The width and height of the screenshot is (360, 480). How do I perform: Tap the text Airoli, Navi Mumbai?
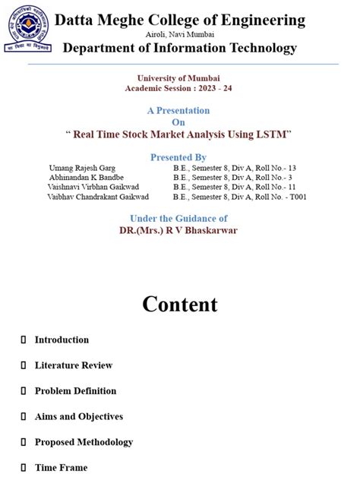(x=179, y=35)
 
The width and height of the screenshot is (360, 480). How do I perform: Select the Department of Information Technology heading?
(x=179, y=49)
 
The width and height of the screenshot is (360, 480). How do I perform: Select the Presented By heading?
(x=178, y=157)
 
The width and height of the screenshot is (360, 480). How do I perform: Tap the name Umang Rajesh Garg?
(x=83, y=167)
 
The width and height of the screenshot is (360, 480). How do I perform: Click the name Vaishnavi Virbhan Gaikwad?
(x=93, y=187)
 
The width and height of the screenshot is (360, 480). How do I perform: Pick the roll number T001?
(x=295, y=197)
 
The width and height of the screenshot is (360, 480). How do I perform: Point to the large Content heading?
(x=179, y=305)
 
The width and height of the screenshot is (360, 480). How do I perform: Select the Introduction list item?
(x=62, y=339)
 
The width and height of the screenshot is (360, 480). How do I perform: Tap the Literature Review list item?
(x=73, y=365)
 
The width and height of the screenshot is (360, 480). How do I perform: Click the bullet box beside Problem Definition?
(x=24, y=391)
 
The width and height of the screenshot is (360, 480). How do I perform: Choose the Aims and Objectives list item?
(x=78, y=416)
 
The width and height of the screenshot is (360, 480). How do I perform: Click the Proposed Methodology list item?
(x=84, y=442)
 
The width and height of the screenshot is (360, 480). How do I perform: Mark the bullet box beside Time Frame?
(x=24, y=468)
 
